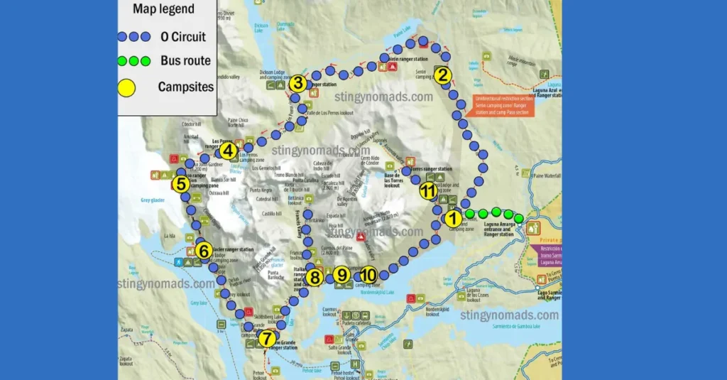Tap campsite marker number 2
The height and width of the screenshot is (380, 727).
click(442, 74)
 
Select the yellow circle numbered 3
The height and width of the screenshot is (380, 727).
click(297, 83)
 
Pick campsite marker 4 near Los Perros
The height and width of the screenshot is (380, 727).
click(227, 151)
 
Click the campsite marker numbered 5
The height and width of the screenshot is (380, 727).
click(180, 184)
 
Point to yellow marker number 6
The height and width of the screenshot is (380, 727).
click(203, 250)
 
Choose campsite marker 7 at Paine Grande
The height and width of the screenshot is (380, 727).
click(266, 339)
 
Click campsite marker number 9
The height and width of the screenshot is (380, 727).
click(341, 274)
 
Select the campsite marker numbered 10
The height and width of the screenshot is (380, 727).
click(367, 274)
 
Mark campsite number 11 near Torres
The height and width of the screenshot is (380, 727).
click(427, 190)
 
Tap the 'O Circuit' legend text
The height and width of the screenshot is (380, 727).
click(183, 36)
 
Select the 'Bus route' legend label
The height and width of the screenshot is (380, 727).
click(186, 61)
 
